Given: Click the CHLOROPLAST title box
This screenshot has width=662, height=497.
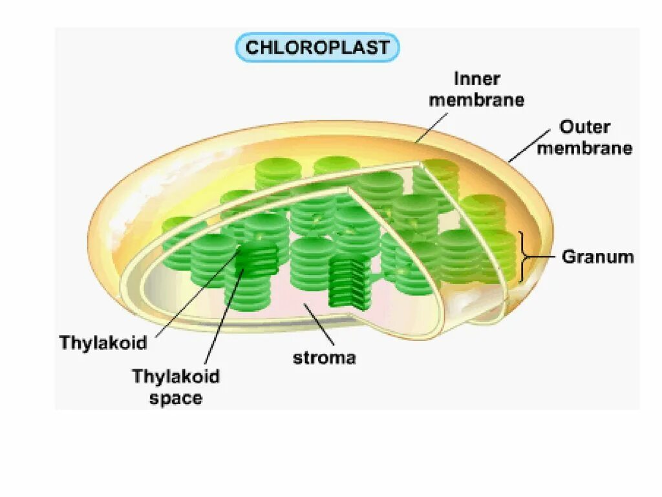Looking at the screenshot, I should tap(317, 47).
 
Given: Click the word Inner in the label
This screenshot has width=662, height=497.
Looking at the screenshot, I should tap(476, 80).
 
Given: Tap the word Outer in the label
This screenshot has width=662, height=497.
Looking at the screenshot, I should tap(584, 127).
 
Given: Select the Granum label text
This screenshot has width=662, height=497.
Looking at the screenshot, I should tap(597, 257).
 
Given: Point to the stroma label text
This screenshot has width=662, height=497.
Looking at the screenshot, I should tap(325, 358).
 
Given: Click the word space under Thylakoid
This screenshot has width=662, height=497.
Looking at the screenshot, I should tap(176, 398).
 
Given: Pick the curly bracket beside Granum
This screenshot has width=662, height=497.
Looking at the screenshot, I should tap(524, 257).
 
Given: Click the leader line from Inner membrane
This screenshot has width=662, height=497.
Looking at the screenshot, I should tap(431, 126).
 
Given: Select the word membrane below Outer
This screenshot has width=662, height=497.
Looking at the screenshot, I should tap(584, 148).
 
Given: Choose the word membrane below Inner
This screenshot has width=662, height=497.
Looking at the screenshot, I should tap(476, 100).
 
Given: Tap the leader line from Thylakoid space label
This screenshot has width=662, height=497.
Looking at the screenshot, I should tap(223, 317).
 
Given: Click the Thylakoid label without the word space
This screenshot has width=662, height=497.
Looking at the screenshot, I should tap(103, 342).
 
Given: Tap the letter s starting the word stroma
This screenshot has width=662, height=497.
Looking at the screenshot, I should tap(297, 358).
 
